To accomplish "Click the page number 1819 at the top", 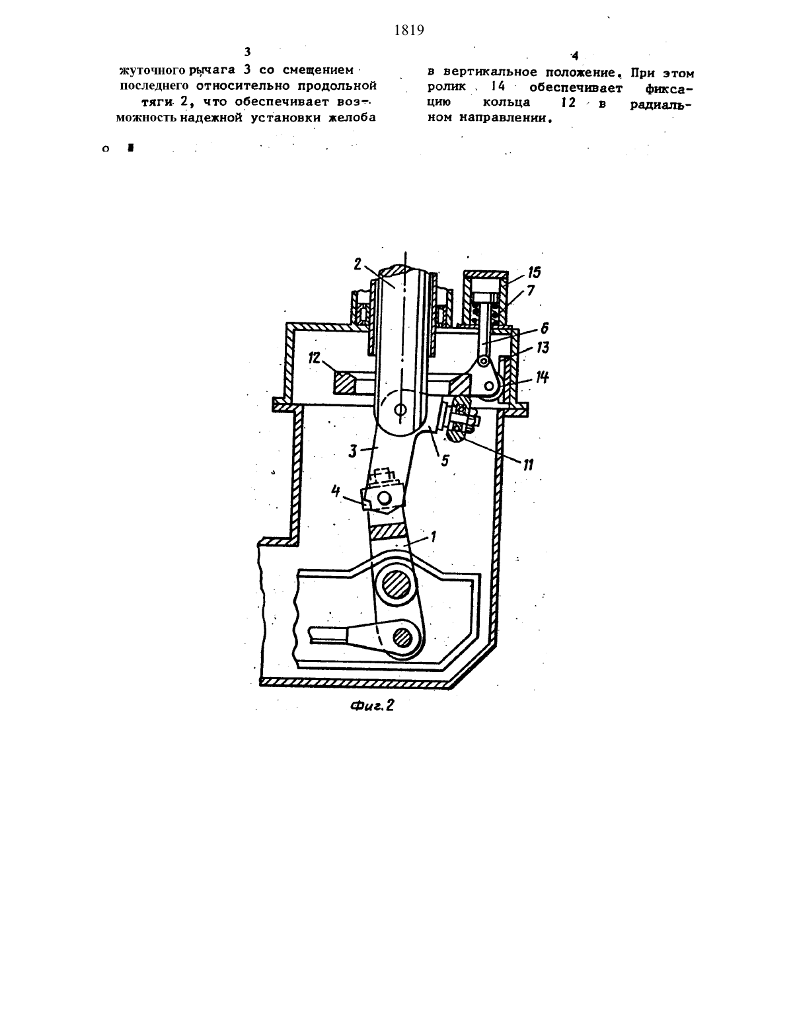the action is [x=409, y=30].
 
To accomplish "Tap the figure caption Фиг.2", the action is [x=373, y=706].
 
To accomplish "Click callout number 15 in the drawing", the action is [x=534, y=273].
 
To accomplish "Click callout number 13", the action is [x=543, y=348].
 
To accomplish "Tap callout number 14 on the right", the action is [x=542, y=377].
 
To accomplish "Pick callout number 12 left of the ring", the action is [x=315, y=358].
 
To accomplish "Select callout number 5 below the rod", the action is [x=445, y=460].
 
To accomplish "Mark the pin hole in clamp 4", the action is [x=385, y=497].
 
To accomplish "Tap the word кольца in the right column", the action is [x=507, y=102].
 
